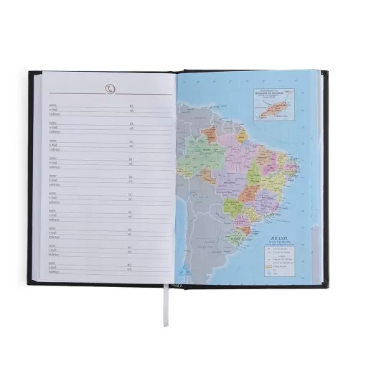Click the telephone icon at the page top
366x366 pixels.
coord(109,88)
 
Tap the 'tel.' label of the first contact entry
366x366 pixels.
coord(131,104)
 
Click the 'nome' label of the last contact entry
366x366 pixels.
coord(54,262)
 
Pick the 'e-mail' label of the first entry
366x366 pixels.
coord(55,109)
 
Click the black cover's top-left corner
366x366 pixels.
coord(30,72)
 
